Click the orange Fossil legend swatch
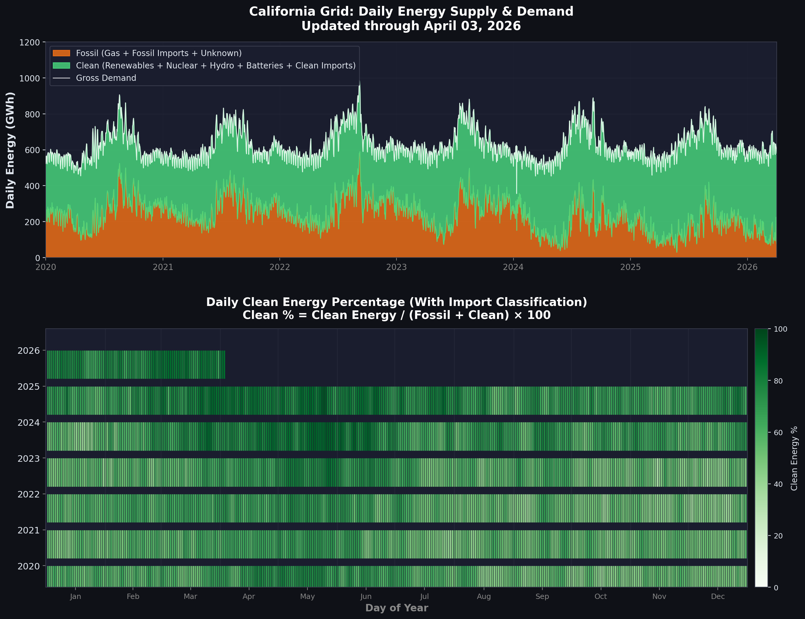tap(61, 53)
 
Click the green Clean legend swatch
tap(61, 65)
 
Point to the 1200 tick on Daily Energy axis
tap(29, 42)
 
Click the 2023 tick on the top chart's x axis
tap(396, 267)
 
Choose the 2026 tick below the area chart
tap(747, 267)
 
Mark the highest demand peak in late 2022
tap(359, 82)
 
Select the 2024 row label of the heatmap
tap(28, 423)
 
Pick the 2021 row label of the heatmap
tap(28, 530)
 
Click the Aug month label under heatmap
tap(484, 597)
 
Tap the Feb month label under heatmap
tap(133, 597)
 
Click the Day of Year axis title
tap(396, 608)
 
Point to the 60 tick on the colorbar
tap(778, 433)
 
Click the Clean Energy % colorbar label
tap(794, 458)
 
